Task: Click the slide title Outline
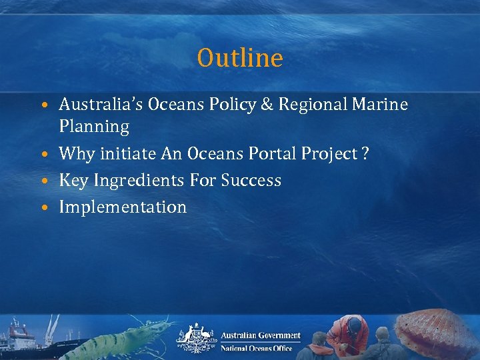[240, 58]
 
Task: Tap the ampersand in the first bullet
[268, 105]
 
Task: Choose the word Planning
[94, 127]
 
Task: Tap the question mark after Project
[365, 154]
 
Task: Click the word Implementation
[123, 207]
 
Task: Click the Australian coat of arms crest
[196, 338]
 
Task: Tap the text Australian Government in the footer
[261, 335]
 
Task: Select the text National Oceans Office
[257, 349]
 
